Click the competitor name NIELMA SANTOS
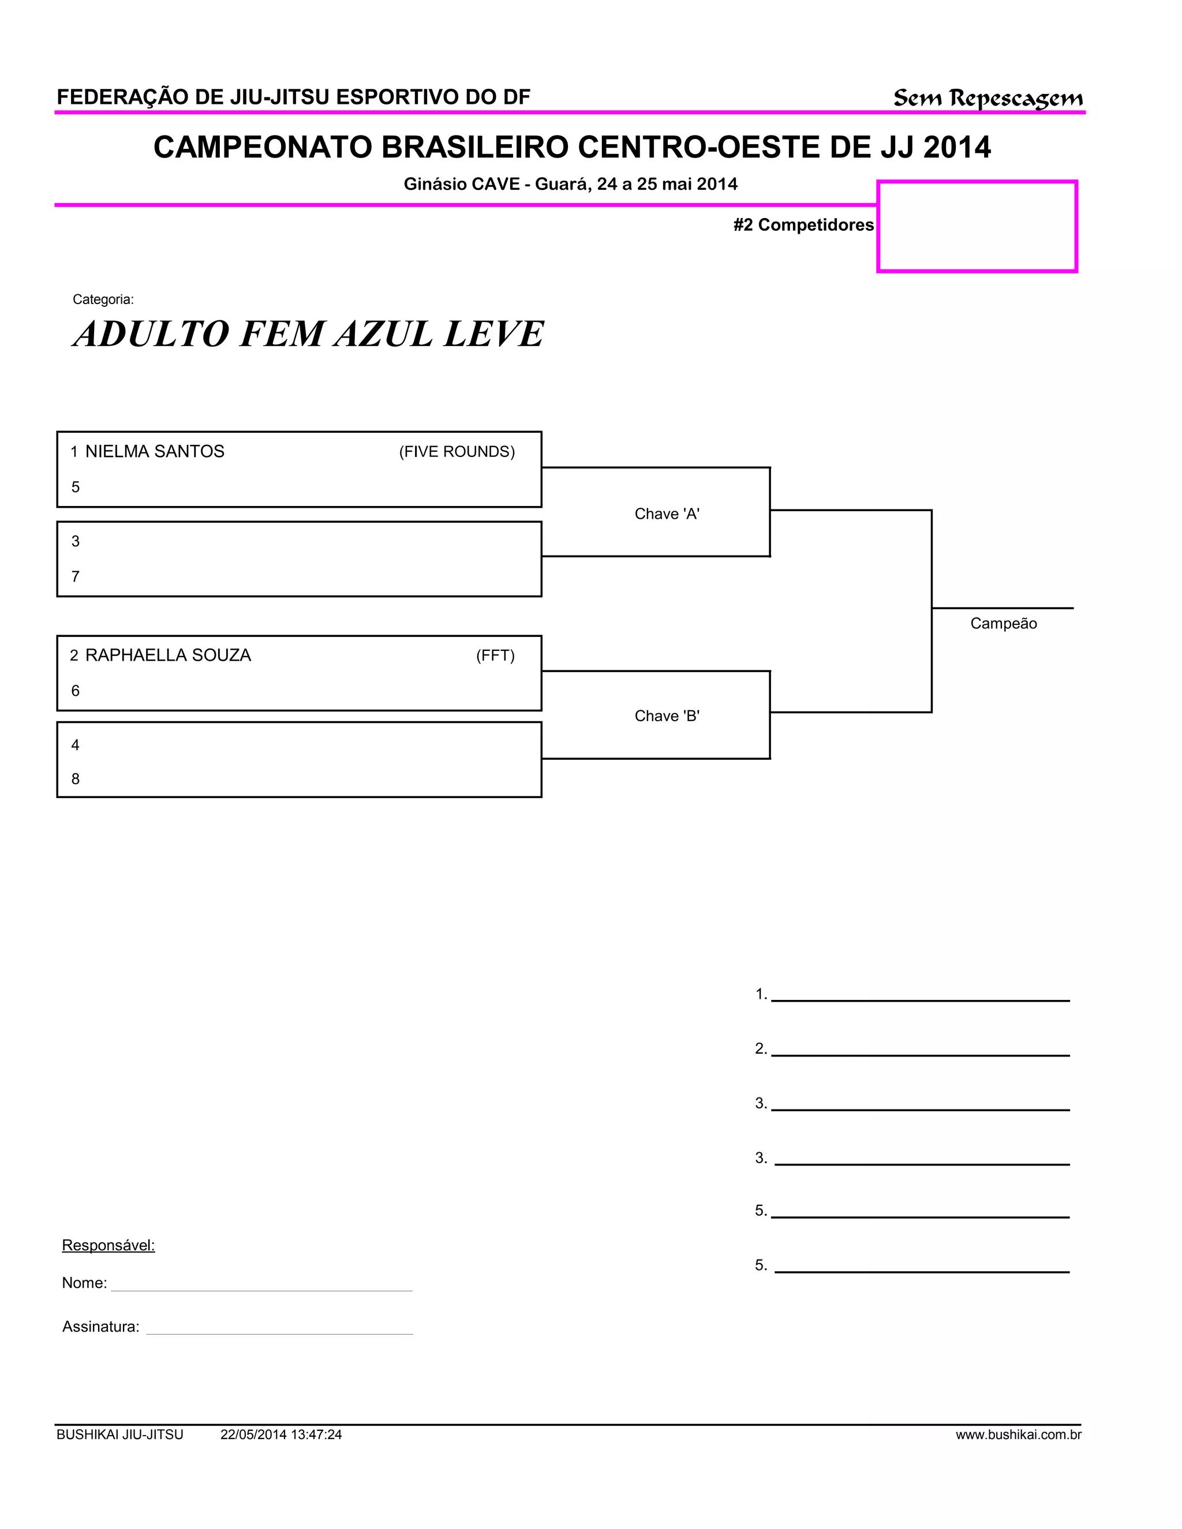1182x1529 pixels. click(x=155, y=452)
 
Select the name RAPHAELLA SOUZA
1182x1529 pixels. click(x=168, y=655)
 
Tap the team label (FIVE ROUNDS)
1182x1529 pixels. click(x=457, y=452)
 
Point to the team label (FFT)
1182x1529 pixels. click(x=495, y=655)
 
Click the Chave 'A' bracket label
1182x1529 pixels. click(x=667, y=514)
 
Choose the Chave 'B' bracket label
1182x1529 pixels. click(x=667, y=715)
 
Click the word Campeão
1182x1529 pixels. click(x=1003, y=623)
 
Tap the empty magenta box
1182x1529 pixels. click(x=977, y=226)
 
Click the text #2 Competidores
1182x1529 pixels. click(x=803, y=224)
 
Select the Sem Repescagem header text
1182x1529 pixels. click(x=988, y=98)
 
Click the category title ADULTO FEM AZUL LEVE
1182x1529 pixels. click(x=308, y=333)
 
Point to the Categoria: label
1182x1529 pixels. click(x=103, y=299)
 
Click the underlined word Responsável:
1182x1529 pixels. click(x=109, y=1245)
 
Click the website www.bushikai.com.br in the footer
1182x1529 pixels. click(x=1018, y=1434)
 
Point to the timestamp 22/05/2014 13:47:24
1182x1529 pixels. click(x=281, y=1434)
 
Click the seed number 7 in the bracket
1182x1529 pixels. click(x=76, y=576)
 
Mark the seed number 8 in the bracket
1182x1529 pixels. click(x=76, y=778)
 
